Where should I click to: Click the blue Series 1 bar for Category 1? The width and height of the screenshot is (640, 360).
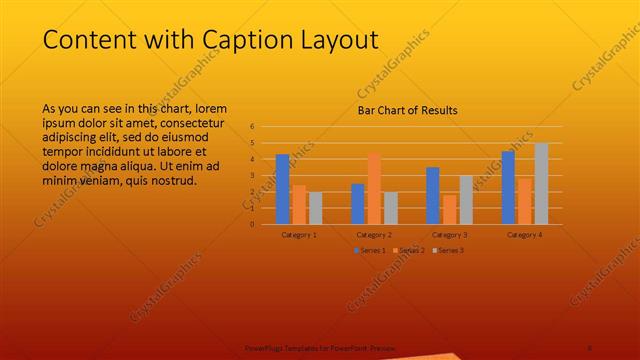(x=282, y=189)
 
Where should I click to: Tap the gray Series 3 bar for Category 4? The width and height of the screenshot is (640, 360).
(x=541, y=183)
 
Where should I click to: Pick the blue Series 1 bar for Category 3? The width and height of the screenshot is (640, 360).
(x=433, y=195)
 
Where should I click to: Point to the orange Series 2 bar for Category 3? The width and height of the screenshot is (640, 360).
(x=449, y=209)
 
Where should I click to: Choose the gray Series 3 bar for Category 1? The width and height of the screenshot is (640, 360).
(x=315, y=208)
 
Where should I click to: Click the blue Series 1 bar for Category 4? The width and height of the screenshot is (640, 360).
(x=508, y=187)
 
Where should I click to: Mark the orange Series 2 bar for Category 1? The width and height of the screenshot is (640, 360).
(x=299, y=204)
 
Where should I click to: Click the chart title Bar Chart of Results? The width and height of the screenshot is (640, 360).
(x=407, y=110)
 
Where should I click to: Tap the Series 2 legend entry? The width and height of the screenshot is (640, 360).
(x=409, y=249)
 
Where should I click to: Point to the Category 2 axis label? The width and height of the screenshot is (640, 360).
(x=374, y=234)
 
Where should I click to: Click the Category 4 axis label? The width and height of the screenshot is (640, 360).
(x=524, y=234)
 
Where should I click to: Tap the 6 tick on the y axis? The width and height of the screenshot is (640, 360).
(x=253, y=127)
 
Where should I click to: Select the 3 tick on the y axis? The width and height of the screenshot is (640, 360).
(x=253, y=175)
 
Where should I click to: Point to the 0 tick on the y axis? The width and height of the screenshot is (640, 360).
(x=253, y=224)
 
